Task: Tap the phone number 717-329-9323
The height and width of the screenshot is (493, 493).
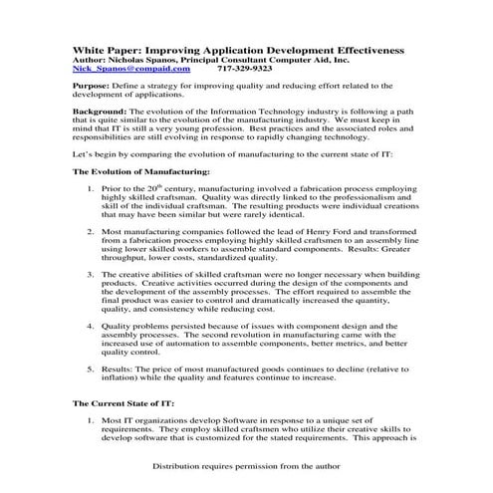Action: coord(245,70)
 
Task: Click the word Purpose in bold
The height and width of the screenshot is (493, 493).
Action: coord(93,88)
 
